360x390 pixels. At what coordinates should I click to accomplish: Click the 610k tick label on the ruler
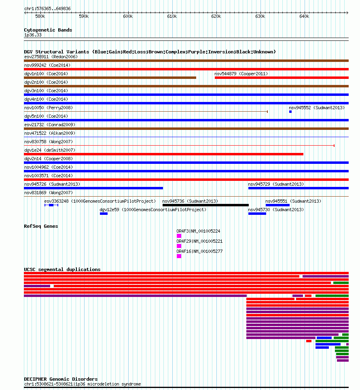pyautogui.click(x=172, y=17)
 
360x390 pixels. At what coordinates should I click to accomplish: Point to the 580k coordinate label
pyautogui.click(x=40, y=17)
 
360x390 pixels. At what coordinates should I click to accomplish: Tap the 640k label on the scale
pyautogui.click(x=304, y=17)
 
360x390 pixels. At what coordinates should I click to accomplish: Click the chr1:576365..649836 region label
pyautogui.click(x=47, y=9)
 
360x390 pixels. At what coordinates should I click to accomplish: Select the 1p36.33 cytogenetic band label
pyautogui.click(x=33, y=35)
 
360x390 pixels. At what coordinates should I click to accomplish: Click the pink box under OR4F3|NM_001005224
pyautogui.click(x=179, y=236)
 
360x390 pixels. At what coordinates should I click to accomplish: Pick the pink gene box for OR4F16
pyautogui.click(x=179, y=256)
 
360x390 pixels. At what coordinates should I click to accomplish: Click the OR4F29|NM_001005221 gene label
pyautogui.click(x=199, y=241)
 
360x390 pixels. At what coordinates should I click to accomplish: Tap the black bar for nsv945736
pyautogui.click(x=205, y=205)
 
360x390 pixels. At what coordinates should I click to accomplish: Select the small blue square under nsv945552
pyautogui.click(x=290, y=112)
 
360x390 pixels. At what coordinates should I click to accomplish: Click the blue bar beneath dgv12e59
pyautogui.click(x=104, y=214)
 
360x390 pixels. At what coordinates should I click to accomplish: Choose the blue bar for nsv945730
pyautogui.click(x=257, y=214)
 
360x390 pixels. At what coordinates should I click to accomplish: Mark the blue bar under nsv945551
pyautogui.click(x=278, y=205)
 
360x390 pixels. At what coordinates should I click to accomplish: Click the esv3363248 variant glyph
pyautogui.click(x=51, y=205)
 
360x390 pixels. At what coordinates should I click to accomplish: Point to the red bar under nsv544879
pyautogui.click(x=282, y=78)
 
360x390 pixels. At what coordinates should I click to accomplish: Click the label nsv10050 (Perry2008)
pyautogui.click(x=49, y=108)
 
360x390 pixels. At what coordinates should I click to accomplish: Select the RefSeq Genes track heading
pyautogui.click(x=41, y=226)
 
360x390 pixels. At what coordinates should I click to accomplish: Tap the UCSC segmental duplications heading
pyautogui.click(x=62, y=269)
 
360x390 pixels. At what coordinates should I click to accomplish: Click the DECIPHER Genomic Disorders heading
pyautogui.click(x=61, y=379)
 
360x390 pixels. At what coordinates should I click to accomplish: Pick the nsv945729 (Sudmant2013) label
pyautogui.click(x=276, y=184)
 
